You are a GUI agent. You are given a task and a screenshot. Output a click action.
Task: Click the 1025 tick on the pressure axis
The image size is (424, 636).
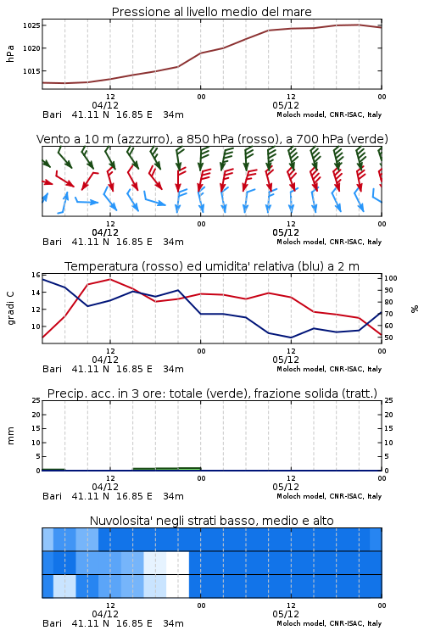point(31,25)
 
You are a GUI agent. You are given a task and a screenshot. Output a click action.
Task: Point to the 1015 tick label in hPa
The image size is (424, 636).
point(31,71)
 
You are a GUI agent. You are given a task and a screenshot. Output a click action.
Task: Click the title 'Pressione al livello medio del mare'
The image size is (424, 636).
point(211,12)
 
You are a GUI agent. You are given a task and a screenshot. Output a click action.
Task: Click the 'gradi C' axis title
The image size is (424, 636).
point(11,308)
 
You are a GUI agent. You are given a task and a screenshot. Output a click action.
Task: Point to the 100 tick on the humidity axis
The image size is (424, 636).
point(390,278)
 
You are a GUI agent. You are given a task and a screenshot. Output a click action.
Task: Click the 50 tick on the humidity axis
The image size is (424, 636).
point(388,338)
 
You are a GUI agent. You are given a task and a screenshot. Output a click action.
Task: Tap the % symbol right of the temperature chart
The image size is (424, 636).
point(415,309)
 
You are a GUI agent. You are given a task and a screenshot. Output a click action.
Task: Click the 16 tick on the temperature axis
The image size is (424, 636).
point(36,275)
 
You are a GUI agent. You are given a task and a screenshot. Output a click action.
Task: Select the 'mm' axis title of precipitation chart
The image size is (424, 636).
point(11,435)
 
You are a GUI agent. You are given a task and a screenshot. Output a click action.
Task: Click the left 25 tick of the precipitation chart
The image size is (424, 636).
point(36,400)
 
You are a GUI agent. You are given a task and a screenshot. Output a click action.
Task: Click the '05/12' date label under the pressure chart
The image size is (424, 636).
point(286,105)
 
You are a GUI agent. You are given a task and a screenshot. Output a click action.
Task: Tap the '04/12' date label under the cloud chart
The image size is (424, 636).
point(105,614)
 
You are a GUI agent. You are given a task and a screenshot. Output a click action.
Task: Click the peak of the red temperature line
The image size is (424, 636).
point(110,279)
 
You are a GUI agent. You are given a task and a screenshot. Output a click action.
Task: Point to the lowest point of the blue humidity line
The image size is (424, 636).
point(291,338)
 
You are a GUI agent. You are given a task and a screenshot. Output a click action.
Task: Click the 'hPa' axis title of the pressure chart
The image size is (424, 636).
point(11,53)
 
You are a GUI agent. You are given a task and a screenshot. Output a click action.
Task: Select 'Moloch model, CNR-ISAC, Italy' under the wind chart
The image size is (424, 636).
point(329,243)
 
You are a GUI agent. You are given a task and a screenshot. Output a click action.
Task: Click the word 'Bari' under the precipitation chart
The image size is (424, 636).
point(52,496)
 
